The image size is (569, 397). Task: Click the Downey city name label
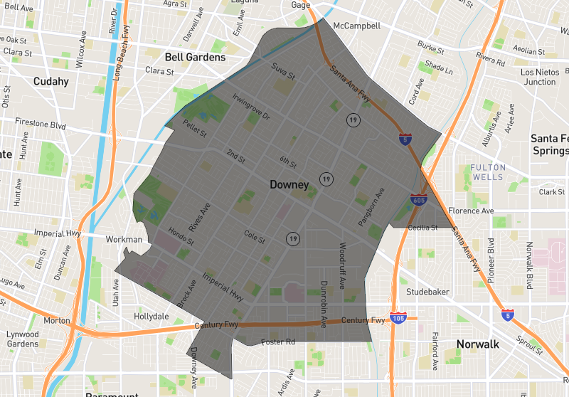289,185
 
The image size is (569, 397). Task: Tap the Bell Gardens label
195,57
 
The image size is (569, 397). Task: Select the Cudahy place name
51,81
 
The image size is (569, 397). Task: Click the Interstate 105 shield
398,317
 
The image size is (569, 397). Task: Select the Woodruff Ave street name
342,265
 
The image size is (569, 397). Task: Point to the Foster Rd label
278,342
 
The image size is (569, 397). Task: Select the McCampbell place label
356,26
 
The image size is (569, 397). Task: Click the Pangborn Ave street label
371,206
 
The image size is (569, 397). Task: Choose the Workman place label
124,240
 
